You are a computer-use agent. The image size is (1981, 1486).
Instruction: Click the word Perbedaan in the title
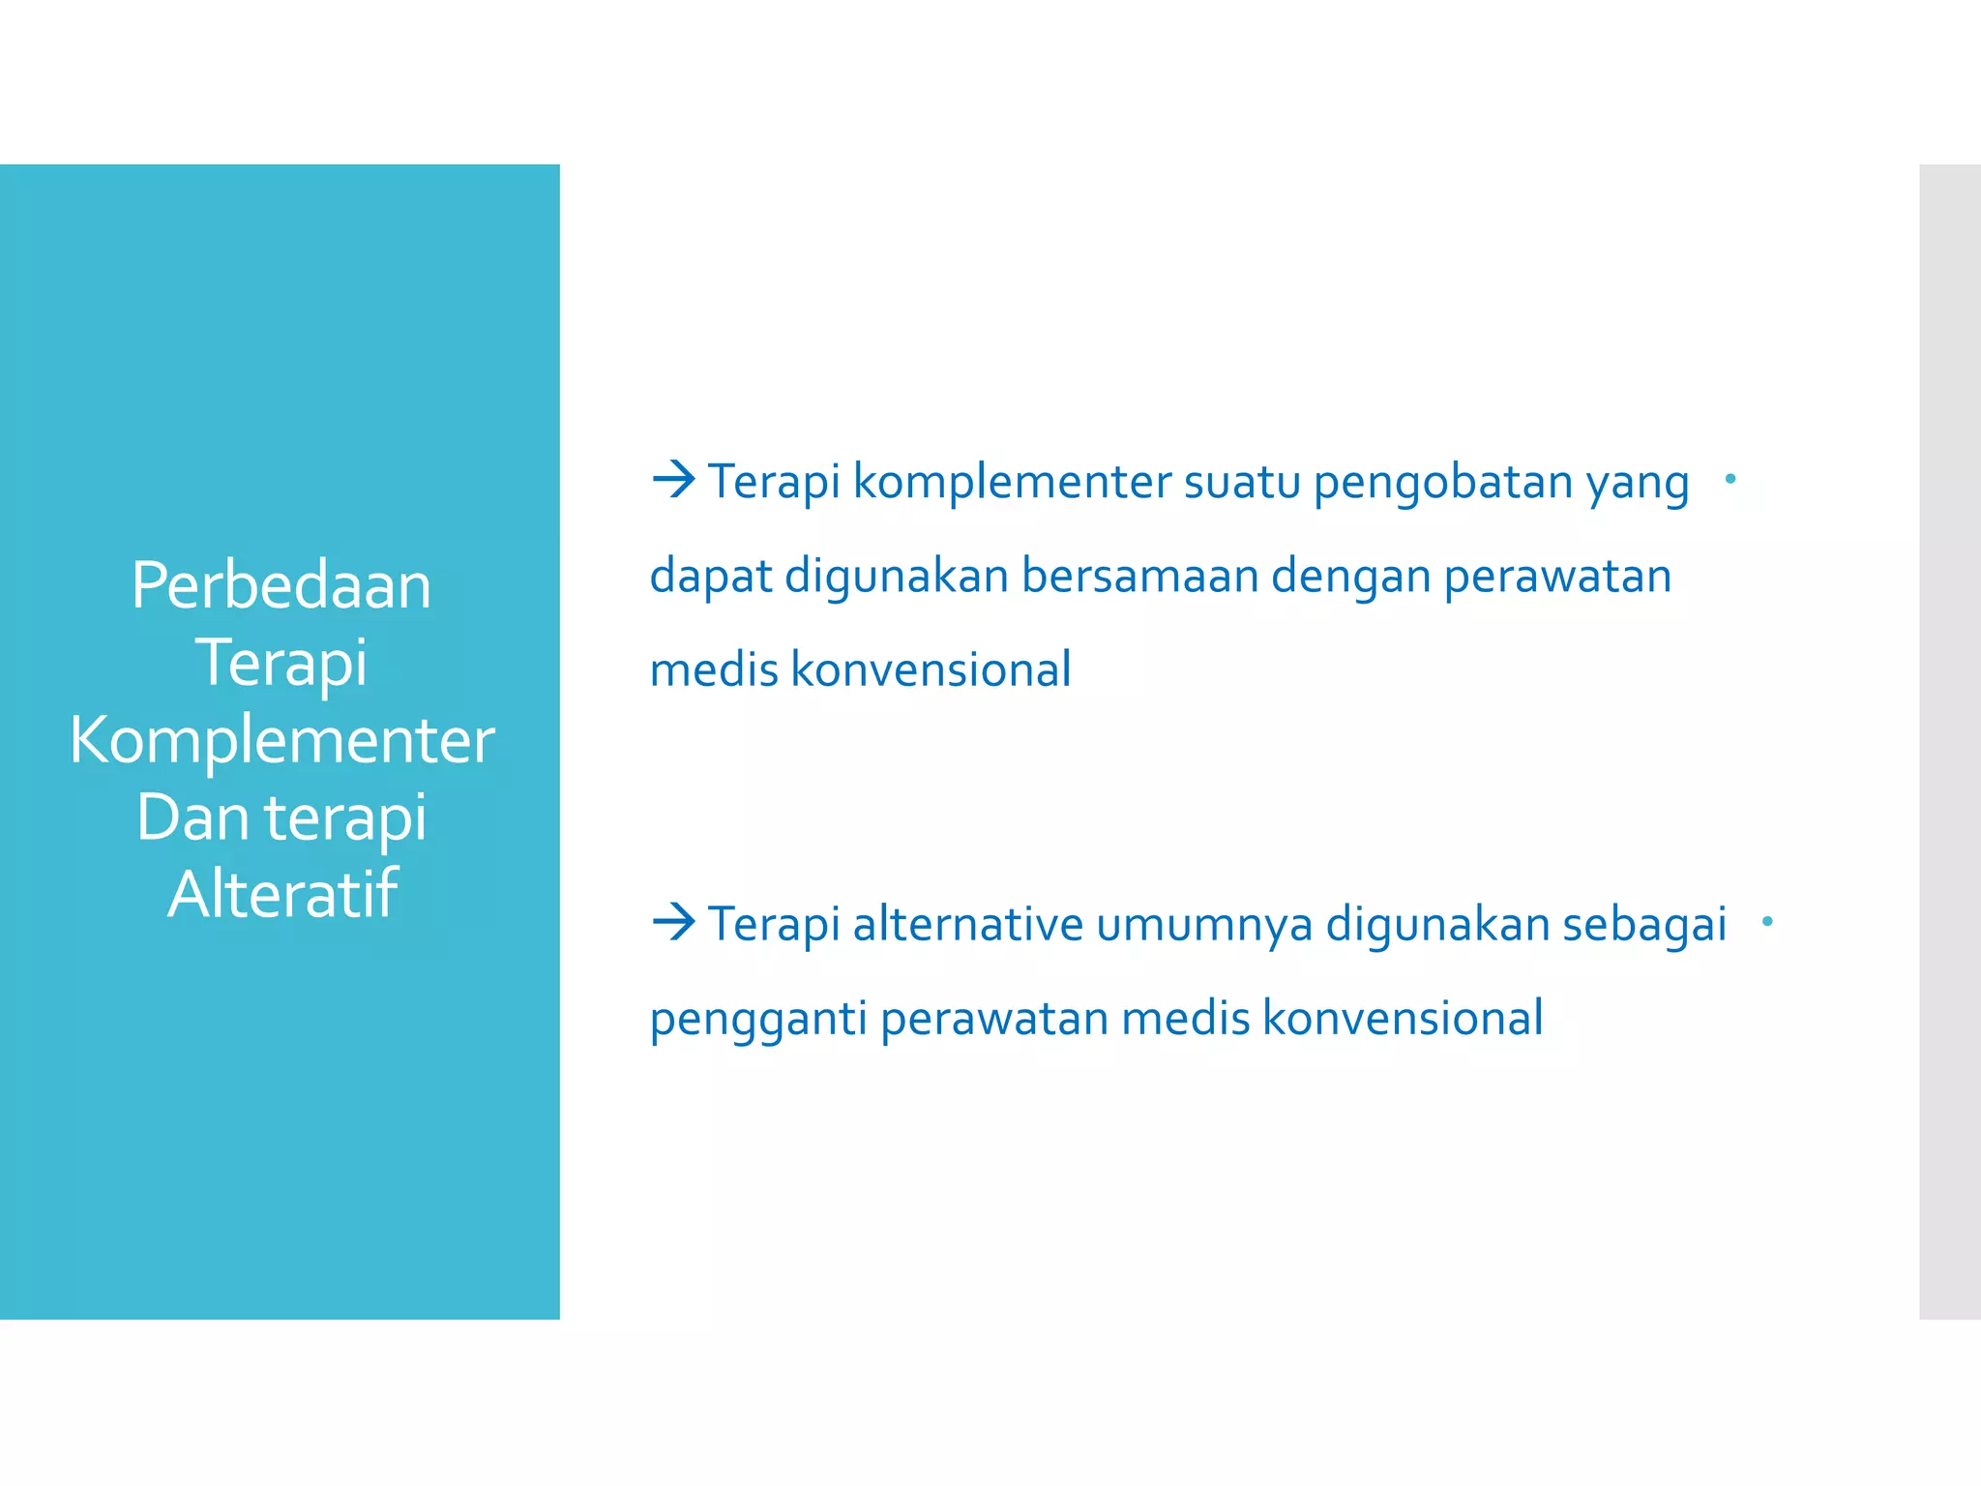click(281, 586)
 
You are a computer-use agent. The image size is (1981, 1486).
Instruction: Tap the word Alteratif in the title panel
click(281, 894)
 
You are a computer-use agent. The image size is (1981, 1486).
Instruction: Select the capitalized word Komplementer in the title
click(281, 741)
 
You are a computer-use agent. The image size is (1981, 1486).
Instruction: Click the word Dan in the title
click(192, 817)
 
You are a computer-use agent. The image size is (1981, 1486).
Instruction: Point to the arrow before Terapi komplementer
click(673, 479)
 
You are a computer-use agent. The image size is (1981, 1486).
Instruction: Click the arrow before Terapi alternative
click(673, 921)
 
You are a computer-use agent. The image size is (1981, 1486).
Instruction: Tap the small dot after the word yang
click(1730, 478)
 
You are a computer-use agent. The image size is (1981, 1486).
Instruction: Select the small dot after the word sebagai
click(1767, 921)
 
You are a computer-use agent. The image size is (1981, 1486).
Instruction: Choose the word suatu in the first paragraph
click(1242, 482)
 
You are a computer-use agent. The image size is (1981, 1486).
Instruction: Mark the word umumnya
click(1204, 924)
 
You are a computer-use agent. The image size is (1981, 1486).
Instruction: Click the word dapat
click(710, 578)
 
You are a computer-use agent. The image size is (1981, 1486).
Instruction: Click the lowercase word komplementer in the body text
click(1012, 482)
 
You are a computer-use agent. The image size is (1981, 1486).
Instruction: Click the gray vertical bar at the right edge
click(1950, 741)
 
